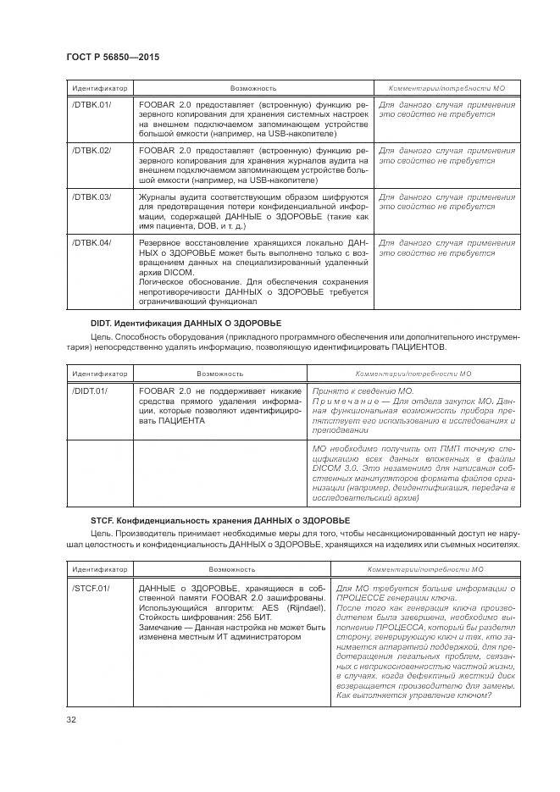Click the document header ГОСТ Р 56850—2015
113,57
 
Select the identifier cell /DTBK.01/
91,105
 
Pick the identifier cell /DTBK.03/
91,197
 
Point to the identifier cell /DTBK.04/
91,243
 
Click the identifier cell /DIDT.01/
90,391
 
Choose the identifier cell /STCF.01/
91,588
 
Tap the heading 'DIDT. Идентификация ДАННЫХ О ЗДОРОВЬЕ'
186,324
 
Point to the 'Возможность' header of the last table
230,570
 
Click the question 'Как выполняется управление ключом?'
413,696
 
